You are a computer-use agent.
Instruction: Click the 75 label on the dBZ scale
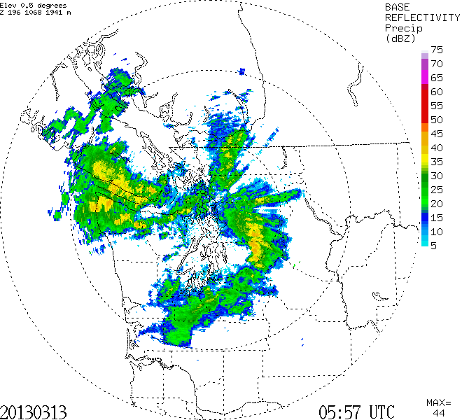tap(437, 50)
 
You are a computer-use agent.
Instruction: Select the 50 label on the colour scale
tap(437, 120)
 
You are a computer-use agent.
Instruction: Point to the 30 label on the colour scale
tap(437, 176)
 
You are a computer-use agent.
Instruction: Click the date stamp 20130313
tap(35, 410)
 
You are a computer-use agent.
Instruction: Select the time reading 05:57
tap(341, 410)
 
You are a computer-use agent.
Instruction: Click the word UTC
tap(380, 410)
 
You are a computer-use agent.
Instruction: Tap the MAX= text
tap(439, 402)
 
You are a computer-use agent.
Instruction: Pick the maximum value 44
tap(439, 413)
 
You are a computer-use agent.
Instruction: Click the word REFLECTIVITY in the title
tap(418, 17)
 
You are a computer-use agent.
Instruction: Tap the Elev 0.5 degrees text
tap(36, 6)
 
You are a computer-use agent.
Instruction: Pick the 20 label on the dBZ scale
tap(437, 204)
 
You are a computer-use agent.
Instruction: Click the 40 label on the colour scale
tap(437, 148)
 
